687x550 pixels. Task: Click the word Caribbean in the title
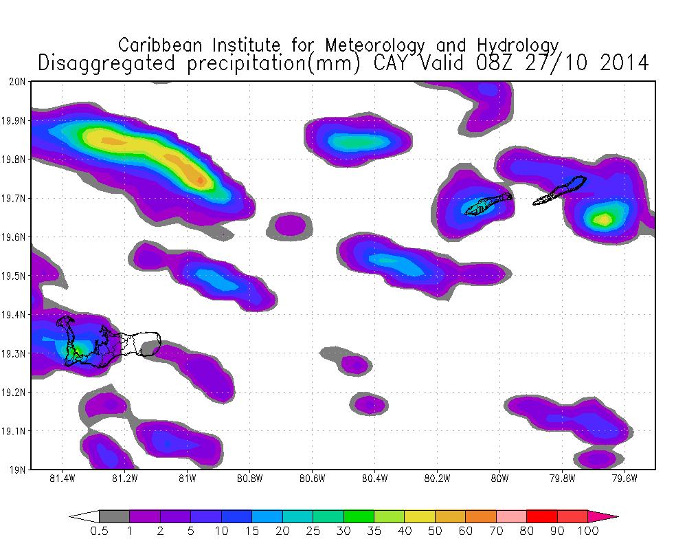coord(157,45)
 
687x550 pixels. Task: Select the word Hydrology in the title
coord(521,45)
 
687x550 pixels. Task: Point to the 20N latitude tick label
coord(17,81)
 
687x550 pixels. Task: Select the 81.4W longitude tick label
coord(63,478)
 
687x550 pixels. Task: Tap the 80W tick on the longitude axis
coord(499,478)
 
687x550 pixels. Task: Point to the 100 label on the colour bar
coord(588,531)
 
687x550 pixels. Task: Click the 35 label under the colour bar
coord(374,531)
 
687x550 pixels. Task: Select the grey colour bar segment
coord(114,516)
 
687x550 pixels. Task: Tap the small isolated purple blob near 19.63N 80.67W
coord(290,224)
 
